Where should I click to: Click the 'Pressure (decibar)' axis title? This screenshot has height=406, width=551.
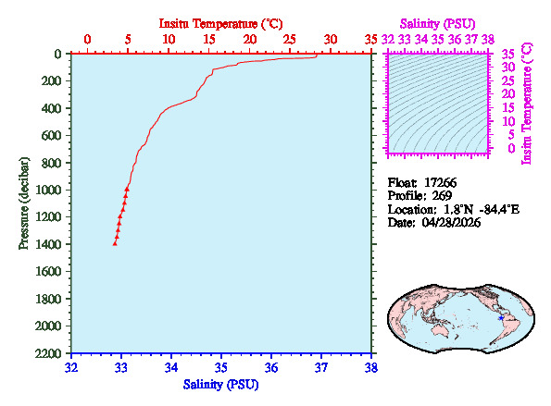tap(24, 203)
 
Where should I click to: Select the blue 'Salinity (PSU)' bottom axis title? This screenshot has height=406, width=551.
tap(220, 384)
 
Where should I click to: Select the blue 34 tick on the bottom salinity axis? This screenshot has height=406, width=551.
tap(171, 367)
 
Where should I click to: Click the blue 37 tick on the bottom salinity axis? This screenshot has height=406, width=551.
tap(321, 367)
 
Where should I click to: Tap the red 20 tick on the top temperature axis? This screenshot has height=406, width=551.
tap(249, 40)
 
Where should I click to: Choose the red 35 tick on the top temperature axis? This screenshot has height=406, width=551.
tap(370, 40)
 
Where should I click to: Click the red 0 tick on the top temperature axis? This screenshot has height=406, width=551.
tap(87, 40)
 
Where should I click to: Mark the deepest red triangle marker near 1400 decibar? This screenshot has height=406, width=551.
tap(115, 242)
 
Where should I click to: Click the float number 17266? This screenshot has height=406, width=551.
tap(442, 182)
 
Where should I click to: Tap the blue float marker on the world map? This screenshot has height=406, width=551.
tap(501, 318)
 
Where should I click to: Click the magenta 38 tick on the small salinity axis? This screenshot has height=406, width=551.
tap(488, 40)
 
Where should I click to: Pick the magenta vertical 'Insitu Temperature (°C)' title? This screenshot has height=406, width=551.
tap(528, 102)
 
